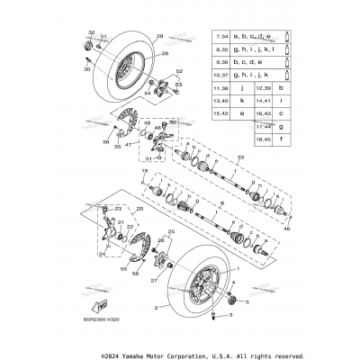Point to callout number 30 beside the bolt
coord(87,68)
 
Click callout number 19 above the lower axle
coord(143,170)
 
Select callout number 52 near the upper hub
coord(178,71)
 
